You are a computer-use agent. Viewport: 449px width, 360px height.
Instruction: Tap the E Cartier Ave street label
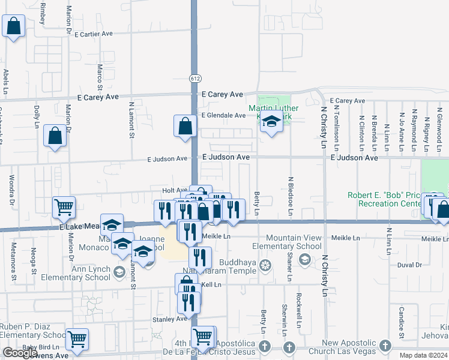(94, 34)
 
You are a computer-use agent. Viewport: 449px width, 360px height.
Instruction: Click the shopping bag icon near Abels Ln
(14, 26)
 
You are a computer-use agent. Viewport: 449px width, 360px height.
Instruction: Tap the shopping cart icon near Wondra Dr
(64, 207)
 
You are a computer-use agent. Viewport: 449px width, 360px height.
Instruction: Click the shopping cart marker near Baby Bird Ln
(77, 339)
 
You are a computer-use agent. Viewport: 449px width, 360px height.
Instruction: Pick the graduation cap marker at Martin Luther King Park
(271, 123)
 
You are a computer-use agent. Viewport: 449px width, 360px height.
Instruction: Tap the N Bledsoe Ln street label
(291, 196)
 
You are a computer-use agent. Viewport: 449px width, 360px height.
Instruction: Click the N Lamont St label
(131, 119)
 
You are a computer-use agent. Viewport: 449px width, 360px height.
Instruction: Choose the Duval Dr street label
(410, 264)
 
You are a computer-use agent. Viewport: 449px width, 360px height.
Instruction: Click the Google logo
(20, 353)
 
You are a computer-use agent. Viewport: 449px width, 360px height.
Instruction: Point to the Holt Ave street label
(175, 190)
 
